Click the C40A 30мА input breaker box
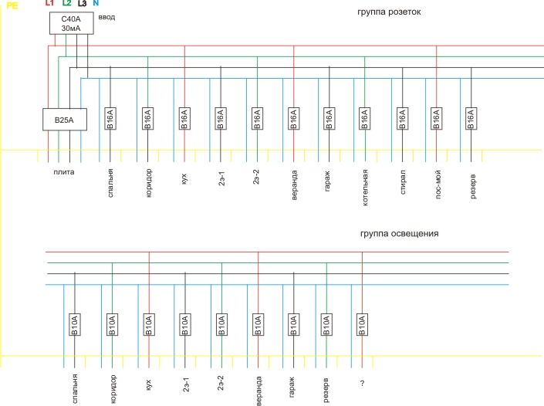72,23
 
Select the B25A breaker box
65,120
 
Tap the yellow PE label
12,5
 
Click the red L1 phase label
49,3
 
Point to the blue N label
96,3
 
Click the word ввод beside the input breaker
106,17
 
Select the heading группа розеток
389,12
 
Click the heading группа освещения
400,234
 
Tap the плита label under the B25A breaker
64,172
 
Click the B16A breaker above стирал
403,119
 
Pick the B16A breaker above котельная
365,119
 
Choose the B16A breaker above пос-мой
437,119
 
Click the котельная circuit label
365,188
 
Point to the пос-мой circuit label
438,184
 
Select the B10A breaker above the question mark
362,324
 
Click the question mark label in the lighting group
362,383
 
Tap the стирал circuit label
403,182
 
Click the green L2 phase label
67,3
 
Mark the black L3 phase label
83,3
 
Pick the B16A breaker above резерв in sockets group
471,119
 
